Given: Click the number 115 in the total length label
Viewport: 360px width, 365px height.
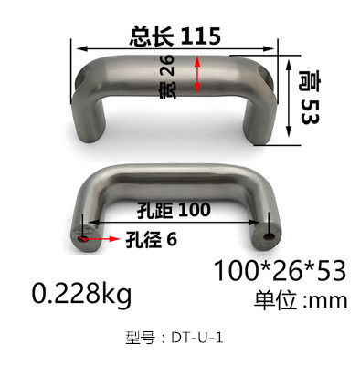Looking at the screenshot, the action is [x=201, y=36].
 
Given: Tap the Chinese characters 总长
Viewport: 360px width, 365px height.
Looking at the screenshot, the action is [x=152, y=36].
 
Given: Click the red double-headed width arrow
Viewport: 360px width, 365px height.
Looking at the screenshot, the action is [x=197, y=75].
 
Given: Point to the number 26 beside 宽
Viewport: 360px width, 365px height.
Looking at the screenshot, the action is [x=167, y=66].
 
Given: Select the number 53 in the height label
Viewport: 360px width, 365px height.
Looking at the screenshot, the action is [x=309, y=111].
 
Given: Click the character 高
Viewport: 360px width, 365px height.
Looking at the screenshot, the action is [x=309, y=81].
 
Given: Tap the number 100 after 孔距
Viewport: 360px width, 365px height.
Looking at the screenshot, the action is [x=195, y=210].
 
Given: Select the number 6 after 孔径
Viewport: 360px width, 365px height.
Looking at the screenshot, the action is [x=172, y=240].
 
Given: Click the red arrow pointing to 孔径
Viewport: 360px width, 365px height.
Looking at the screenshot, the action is [x=100, y=239].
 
